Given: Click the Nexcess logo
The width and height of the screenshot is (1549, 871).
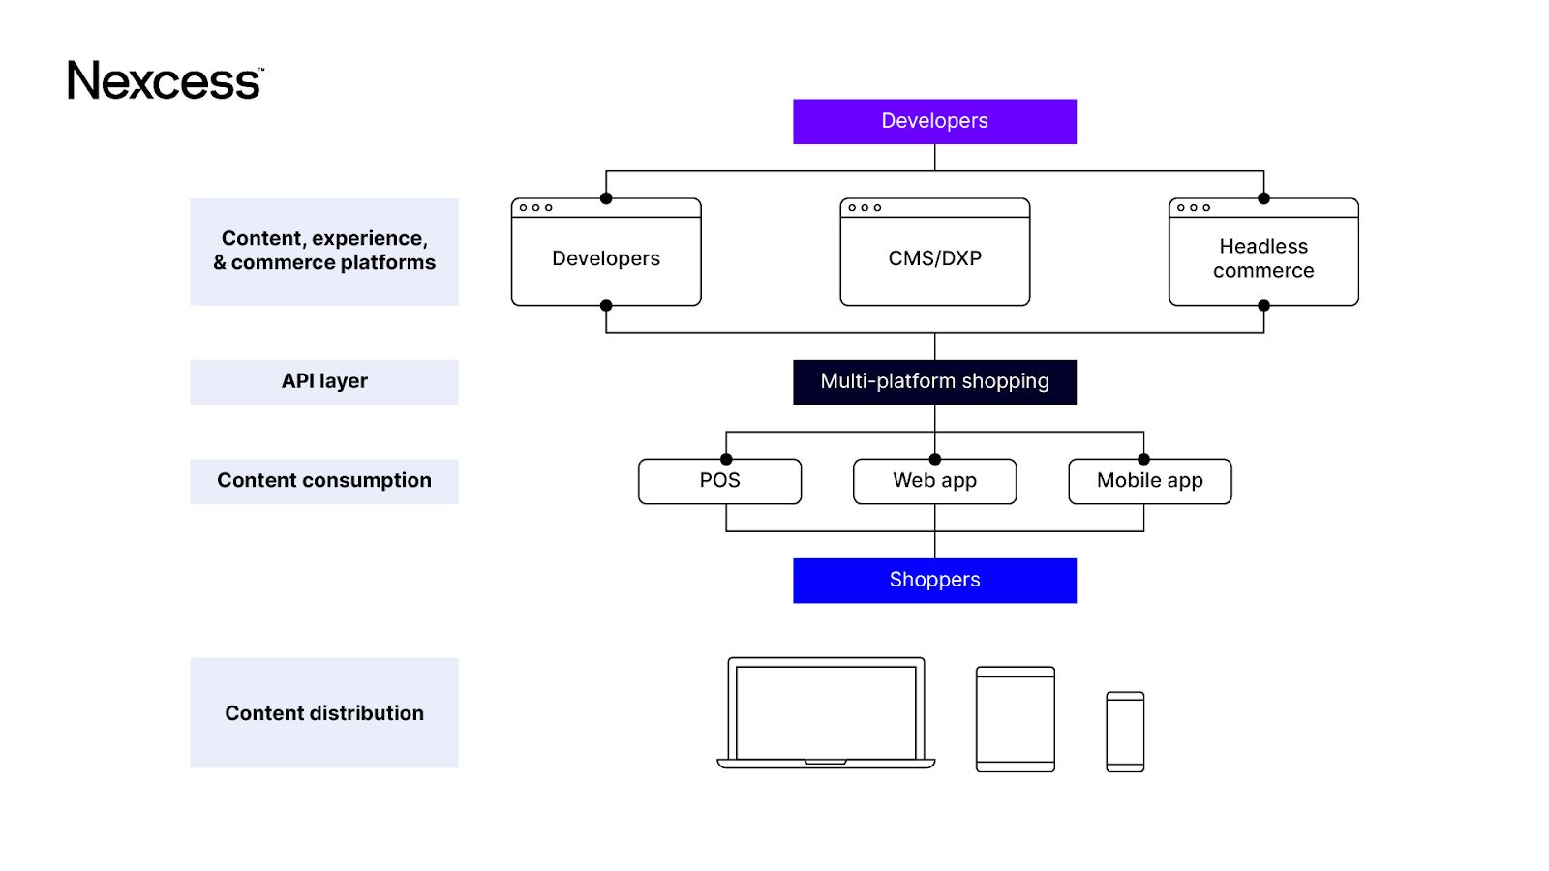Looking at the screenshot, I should (x=165, y=80).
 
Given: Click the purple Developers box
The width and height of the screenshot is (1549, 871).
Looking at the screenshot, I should (x=934, y=121).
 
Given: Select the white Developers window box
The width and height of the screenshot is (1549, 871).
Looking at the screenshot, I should (x=606, y=258).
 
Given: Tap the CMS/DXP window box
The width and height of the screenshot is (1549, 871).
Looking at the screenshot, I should (x=934, y=258).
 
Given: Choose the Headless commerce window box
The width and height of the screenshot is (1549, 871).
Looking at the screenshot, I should (x=1263, y=258).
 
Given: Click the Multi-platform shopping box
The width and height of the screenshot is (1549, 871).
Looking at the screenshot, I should (x=934, y=381).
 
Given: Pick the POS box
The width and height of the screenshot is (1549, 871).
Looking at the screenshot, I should (x=719, y=481).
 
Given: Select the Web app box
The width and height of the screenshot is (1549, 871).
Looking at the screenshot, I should (x=934, y=481).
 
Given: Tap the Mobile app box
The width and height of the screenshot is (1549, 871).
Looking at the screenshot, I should (x=1149, y=481).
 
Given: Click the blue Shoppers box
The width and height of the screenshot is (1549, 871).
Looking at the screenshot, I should (x=934, y=580).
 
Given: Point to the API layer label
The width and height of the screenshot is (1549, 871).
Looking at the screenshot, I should (x=324, y=381).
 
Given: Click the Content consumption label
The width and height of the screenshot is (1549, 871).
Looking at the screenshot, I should (x=324, y=481).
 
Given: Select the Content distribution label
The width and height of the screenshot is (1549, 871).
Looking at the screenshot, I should (x=324, y=713).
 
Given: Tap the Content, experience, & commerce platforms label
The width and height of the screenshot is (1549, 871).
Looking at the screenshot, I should (x=324, y=252).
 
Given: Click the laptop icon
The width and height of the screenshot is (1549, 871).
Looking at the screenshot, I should (x=826, y=713).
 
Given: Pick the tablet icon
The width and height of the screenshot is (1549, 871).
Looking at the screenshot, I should (x=1015, y=719).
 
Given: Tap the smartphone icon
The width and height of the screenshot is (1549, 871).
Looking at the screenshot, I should (x=1125, y=732).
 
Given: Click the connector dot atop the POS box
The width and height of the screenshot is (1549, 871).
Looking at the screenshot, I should (x=726, y=459).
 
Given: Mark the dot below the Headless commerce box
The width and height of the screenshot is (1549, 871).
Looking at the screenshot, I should (x=1263, y=306).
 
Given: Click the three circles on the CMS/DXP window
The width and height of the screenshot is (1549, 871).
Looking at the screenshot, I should (x=865, y=207).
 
